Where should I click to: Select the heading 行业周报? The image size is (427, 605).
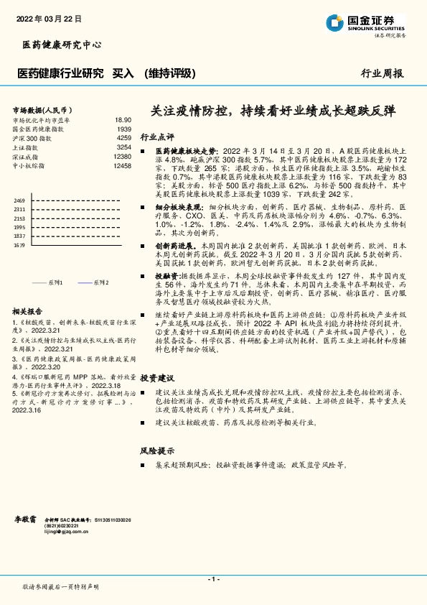[382, 73]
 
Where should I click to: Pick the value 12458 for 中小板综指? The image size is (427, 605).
[122, 165]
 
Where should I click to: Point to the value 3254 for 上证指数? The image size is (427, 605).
[123, 147]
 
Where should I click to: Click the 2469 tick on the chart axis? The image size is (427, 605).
[19, 200]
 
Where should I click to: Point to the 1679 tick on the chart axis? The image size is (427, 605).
[19, 245]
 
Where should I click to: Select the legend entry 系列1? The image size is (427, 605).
[56, 282]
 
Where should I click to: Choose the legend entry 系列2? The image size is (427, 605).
[99, 282]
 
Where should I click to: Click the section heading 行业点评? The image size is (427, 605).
[157, 137]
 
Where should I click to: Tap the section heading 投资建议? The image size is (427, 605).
[157, 377]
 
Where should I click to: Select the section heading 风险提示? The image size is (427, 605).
[157, 451]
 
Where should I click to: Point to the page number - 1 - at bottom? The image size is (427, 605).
[213, 579]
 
